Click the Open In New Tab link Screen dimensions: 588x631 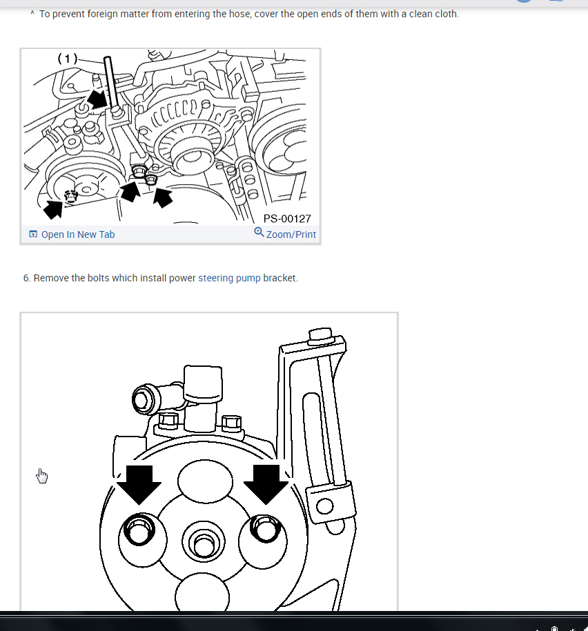[77, 234]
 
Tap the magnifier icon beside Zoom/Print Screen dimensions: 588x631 [259, 232]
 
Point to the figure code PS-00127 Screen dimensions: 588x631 [287, 219]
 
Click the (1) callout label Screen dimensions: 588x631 [67, 59]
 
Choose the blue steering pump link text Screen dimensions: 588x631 [229, 278]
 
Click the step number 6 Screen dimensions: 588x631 [26, 278]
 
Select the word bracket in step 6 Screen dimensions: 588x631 [280, 278]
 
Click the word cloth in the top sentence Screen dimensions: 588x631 [445, 14]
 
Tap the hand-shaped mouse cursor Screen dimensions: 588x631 [42, 476]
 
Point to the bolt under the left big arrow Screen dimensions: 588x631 [138, 532]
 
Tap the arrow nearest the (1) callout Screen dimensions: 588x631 [98, 99]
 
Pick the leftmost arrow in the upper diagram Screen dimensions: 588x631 [53, 208]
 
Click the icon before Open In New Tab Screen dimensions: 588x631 [33, 234]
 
